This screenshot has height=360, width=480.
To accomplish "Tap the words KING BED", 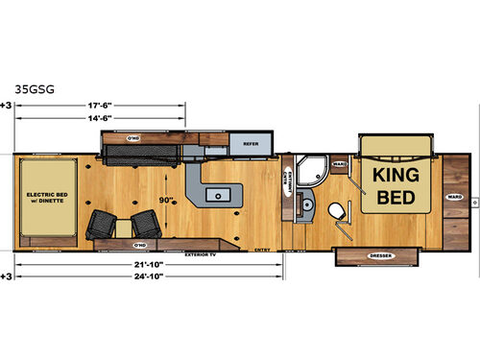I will pos(391,183).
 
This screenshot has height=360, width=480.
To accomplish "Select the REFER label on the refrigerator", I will pos(252,144).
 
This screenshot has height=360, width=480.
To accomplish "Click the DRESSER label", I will pos(377,256).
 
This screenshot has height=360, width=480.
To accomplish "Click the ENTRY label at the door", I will pos(261,248).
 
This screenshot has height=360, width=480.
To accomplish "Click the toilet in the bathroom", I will pos(336,210).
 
